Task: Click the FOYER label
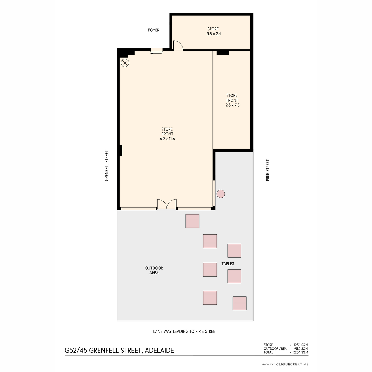(x=153, y=30)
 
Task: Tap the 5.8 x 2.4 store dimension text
(x=214, y=34)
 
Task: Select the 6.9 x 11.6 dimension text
(x=167, y=139)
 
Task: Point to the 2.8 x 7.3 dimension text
(x=232, y=105)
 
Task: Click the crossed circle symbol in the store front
(x=125, y=63)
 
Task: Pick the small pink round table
(x=221, y=194)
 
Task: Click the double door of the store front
(x=167, y=204)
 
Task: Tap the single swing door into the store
(x=178, y=46)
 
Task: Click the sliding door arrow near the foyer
(x=156, y=53)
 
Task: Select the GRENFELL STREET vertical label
(x=107, y=166)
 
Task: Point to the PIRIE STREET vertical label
(x=268, y=170)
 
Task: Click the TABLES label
(x=228, y=264)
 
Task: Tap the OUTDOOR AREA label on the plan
(x=154, y=270)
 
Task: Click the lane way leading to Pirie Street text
(x=185, y=331)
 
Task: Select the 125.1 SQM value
(x=301, y=345)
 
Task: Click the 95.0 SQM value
(x=301, y=349)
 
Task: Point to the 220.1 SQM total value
(x=301, y=352)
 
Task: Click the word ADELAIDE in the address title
(x=159, y=350)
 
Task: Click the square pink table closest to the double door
(x=192, y=221)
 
